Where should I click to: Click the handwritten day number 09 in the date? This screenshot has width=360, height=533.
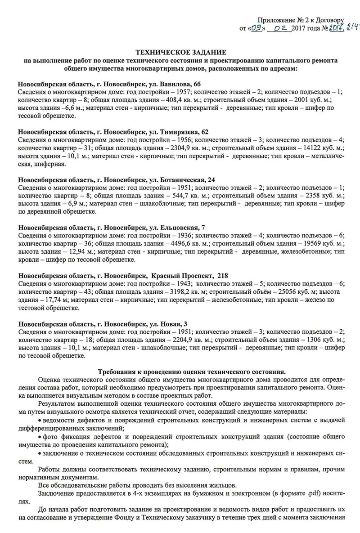(x=256, y=29)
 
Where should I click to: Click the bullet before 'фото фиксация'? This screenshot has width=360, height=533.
(x=40, y=437)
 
